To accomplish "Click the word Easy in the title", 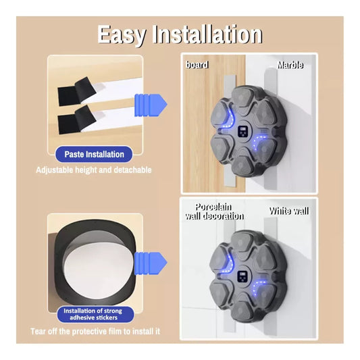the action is [x=122, y=34].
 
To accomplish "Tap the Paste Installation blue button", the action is [x=94, y=154].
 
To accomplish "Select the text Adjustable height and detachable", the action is [x=94, y=170].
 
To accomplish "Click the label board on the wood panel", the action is [x=197, y=65].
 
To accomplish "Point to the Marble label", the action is [x=290, y=66].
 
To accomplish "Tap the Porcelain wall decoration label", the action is [x=214, y=211].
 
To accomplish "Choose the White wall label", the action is [x=289, y=211].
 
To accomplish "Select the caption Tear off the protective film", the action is [x=95, y=332].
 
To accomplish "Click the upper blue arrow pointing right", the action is [x=151, y=105].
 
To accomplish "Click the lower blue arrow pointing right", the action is [x=151, y=263].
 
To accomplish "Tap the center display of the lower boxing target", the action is [x=242, y=277].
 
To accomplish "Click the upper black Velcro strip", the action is [x=76, y=91].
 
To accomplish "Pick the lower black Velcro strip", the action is [x=76, y=120].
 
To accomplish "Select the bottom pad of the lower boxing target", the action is [x=242, y=307].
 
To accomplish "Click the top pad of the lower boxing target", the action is [x=243, y=244].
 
